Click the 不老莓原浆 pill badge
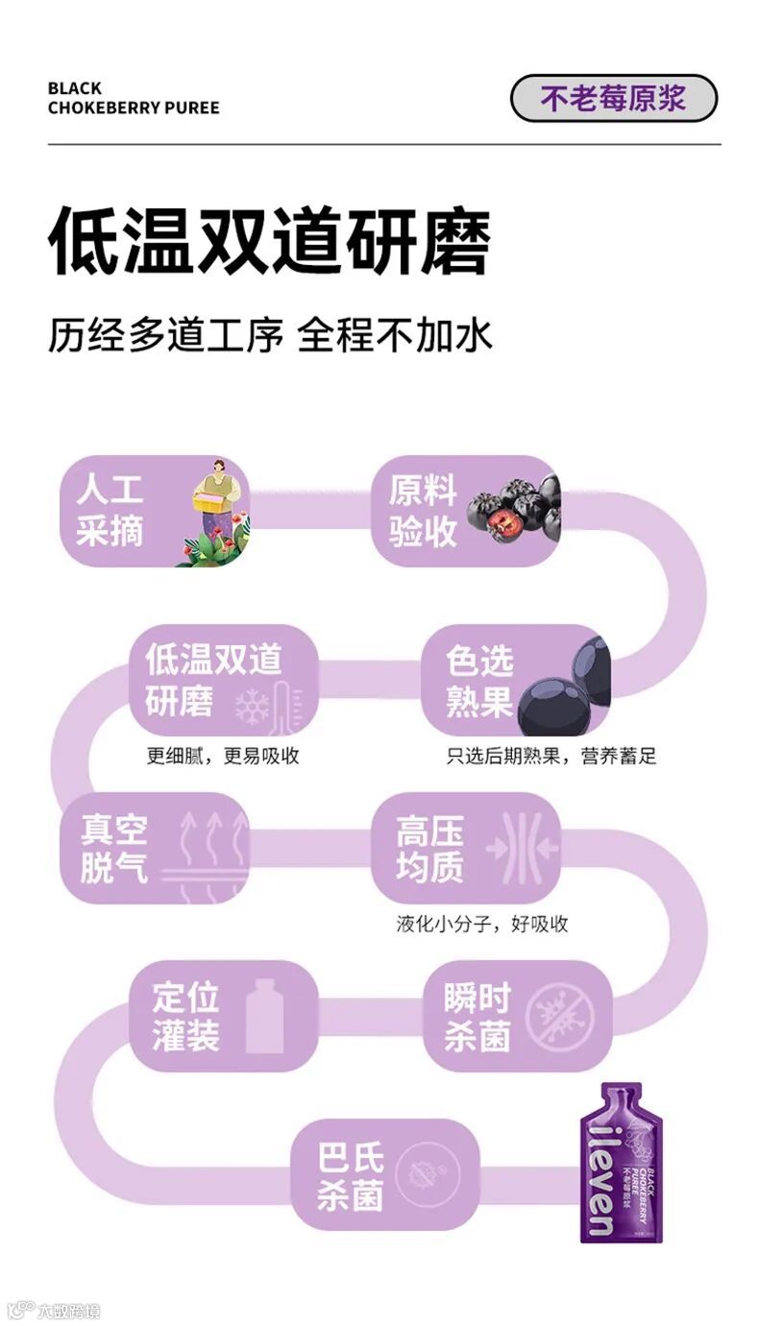(x=613, y=99)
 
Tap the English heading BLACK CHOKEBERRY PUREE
(x=134, y=98)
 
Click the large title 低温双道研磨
(x=269, y=240)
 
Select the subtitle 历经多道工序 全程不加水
(x=270, y=336)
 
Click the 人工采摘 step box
(x=155, y=511)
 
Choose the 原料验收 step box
(x=465, y=511)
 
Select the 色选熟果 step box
(x=515, y=680)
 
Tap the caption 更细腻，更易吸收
(x=223, y=756)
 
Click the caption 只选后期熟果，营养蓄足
(x=551, y=756)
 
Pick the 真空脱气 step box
(x=155, y=848)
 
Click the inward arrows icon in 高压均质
(x=523, y=848)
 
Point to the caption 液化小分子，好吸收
(x=482, y=924)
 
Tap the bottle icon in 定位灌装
(x=264, y=1016)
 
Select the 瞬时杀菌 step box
(x=515, y=1016)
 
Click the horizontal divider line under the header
(x=384, y=145)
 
